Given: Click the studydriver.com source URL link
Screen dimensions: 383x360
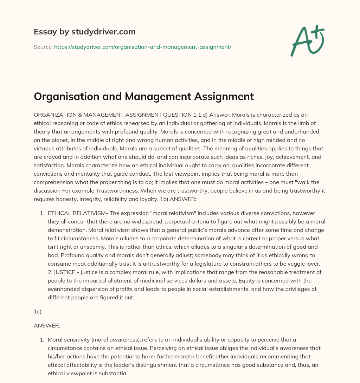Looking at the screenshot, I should (142, 47).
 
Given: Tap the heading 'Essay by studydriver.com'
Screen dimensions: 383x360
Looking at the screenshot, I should (84, 32).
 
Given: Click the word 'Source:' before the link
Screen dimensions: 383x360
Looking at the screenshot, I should (43, 47).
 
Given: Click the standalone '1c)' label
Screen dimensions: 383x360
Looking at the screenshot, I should (38, 311).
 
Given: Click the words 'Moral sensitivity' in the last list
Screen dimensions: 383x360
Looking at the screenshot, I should (68, 340).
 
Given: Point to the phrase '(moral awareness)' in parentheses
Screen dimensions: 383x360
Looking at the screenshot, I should (121, 340).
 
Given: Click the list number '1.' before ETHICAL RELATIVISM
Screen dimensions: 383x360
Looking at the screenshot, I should (42, 213).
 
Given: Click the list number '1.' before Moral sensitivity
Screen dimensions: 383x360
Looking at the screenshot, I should (42, 340).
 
